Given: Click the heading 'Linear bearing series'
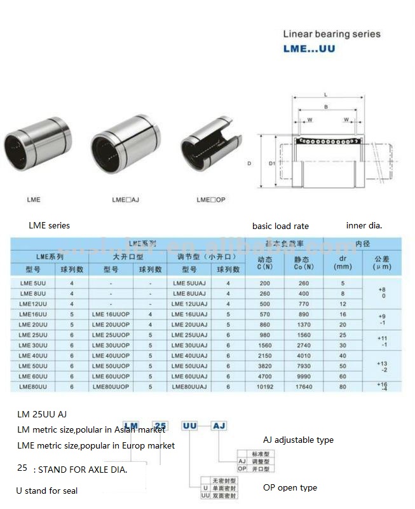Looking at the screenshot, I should click(x=331, y=34).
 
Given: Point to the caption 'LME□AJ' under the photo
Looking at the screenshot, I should click(x=125, y=200).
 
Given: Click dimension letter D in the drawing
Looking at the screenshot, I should click(x=249, y=164).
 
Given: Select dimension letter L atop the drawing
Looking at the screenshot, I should click(x=325, y=94).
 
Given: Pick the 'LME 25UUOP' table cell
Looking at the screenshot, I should click(x=111, y=335).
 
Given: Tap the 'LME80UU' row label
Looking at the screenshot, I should click(x=32, y=386).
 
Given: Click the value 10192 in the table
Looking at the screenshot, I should click(x=264, y=386).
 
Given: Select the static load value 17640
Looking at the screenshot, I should click(x=302, y=386).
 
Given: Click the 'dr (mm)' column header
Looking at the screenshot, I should click(x=343, y=262).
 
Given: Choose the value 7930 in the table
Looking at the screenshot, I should click(x=302, y=366).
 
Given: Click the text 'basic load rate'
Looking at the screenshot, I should click(x=280, y=226).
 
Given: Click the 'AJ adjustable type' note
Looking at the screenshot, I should click(x=298, y=440).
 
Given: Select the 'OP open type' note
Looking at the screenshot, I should click(x=290, y=488).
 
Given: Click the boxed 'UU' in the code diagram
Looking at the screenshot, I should click(x=189, y=425).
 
